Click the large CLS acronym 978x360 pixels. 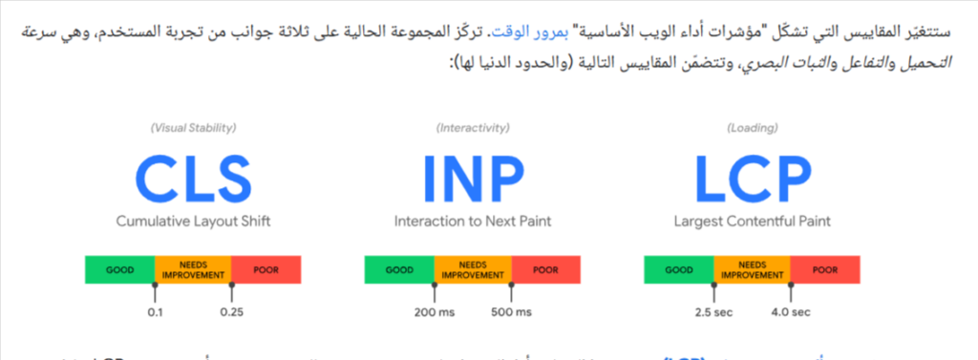[x=193, y=179]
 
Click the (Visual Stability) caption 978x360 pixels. [x=193, y=128]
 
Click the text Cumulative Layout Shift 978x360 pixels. [x=193, y=222]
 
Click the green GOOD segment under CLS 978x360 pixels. [x=119, y=269]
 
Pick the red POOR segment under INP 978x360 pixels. [x=546, y=269]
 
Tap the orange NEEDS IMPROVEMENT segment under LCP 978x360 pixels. [x=752, y=269]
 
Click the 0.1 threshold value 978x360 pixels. [x=155, y=312]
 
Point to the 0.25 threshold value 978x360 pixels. [x=231, y=312]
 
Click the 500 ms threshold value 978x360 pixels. [x=511, y=312]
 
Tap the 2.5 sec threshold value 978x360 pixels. [x=713, y=312]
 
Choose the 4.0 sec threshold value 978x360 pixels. [x=791, y=312]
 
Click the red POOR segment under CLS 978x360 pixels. [x=266, y=269]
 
